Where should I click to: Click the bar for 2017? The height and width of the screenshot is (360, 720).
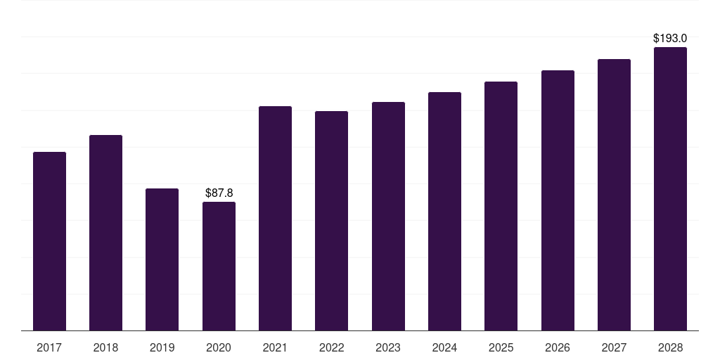point(49,241)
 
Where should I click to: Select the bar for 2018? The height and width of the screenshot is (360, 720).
point(105,233)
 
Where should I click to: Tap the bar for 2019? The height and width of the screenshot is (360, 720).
point(162,259)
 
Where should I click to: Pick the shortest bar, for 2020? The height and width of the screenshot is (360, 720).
point(219,266)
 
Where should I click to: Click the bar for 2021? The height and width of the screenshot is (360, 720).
point(275,218)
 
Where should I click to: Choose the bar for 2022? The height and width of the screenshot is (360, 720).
point(331,221)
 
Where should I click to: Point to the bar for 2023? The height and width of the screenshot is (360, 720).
point(388,216)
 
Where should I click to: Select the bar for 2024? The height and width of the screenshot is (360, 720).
point(444,211)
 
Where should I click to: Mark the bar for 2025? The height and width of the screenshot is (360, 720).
point(501,206)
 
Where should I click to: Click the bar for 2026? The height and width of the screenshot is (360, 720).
point(558,200)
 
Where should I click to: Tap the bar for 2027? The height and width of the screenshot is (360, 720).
point(614,195)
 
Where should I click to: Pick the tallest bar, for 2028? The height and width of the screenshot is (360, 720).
point(670,188)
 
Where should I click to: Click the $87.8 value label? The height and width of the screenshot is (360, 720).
point(219,193)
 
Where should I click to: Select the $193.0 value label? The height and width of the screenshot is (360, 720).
point(670,38)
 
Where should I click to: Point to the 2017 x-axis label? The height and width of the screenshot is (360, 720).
point(49,347)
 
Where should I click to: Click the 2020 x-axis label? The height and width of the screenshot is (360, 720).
point(219,347)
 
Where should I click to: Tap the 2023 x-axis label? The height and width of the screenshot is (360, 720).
point(388,347)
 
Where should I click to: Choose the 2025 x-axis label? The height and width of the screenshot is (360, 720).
point(501,347)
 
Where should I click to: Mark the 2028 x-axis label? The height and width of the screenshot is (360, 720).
point(670,347)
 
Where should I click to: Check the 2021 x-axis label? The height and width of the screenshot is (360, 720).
point(275,347)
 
